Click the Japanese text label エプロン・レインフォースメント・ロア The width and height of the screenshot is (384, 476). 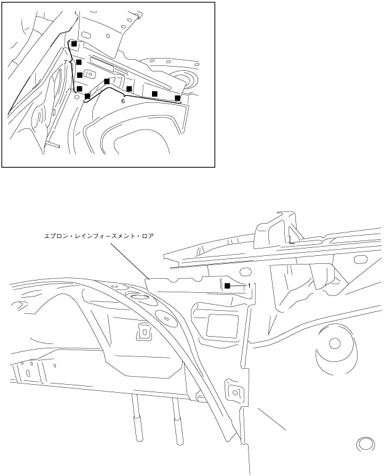click(x=99, y=236)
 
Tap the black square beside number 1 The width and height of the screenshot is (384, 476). click(x=227, y=285)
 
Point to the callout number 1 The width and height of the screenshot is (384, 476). click(x=249, y=285)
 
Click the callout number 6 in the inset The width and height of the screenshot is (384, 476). click(x=123, y=101)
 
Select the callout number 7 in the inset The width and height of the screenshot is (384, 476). click(x=65, y=62)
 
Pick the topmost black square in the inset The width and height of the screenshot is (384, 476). click(x=74, y=44)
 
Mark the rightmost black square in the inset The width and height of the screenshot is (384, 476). click(x=178, y=98)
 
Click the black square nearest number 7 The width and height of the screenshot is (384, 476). click(x=79, y=62)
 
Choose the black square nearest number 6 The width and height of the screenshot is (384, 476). click(x=129, y=89)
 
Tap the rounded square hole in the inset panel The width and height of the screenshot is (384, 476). click(x=90, y=73)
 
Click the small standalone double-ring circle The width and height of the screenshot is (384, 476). click(x=365, y=444)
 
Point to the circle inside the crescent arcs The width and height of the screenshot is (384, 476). click(x=335, y=343)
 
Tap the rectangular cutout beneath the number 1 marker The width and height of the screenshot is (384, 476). click(x=222, y=326)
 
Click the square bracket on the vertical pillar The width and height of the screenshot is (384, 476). click(x=234, y=393)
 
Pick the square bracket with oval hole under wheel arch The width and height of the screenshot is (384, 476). click(x=144, y=331)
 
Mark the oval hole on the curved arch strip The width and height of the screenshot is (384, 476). click(x=166, y=319)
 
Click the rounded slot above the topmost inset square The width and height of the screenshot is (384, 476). click(x=86, y=34)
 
